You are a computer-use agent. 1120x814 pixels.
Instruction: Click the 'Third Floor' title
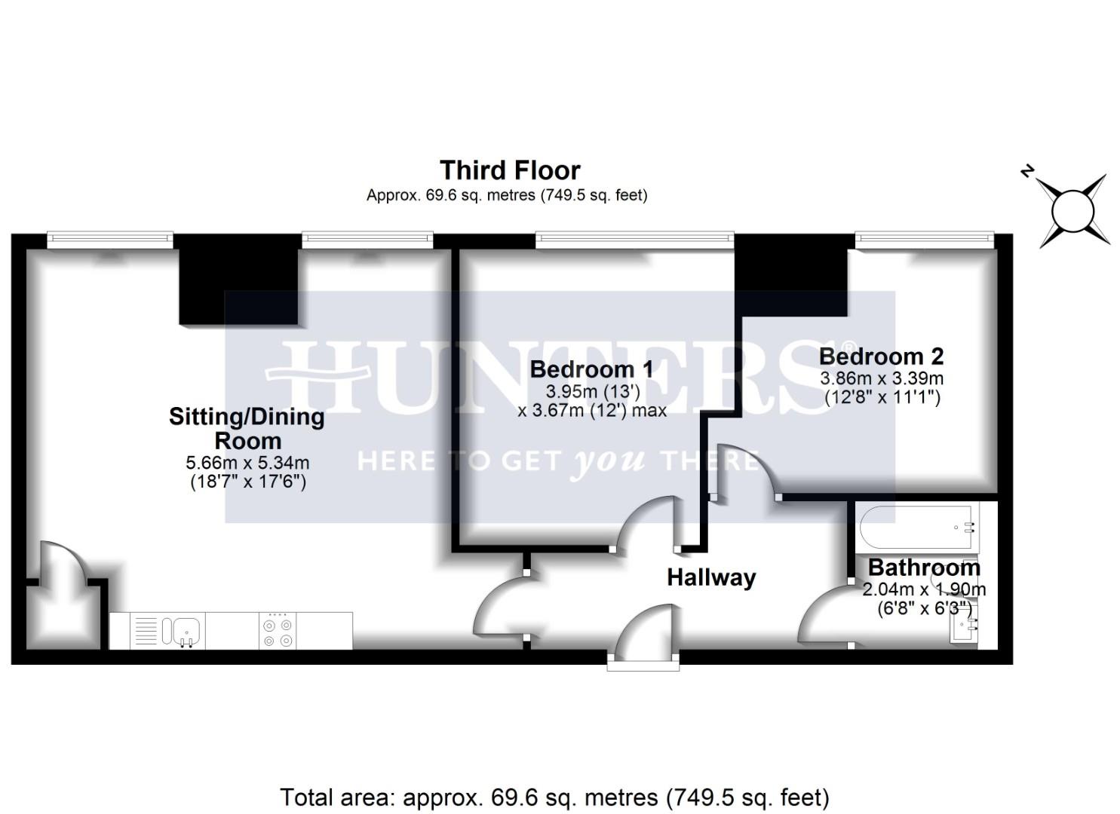[x=510, y=170]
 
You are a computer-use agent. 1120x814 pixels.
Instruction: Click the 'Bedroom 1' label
[x=591, y=369]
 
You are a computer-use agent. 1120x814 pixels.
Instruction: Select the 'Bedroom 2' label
[x=881, y=356]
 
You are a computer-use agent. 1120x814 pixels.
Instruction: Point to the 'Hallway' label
[x=710, y=578]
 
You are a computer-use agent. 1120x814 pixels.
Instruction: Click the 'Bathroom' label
[x=924, y=568]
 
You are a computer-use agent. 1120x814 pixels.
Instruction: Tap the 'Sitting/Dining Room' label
[x=247, y=428]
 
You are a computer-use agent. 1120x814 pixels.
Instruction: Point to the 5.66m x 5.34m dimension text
[x=247, y=463]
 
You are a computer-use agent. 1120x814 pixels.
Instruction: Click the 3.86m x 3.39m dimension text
[x=881, y=378]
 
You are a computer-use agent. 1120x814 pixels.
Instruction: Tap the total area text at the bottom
[x=554, y=797]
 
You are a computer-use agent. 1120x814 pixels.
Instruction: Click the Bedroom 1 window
[x=634, y=240]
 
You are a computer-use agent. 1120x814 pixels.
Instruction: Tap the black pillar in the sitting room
[x=238, y=283]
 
